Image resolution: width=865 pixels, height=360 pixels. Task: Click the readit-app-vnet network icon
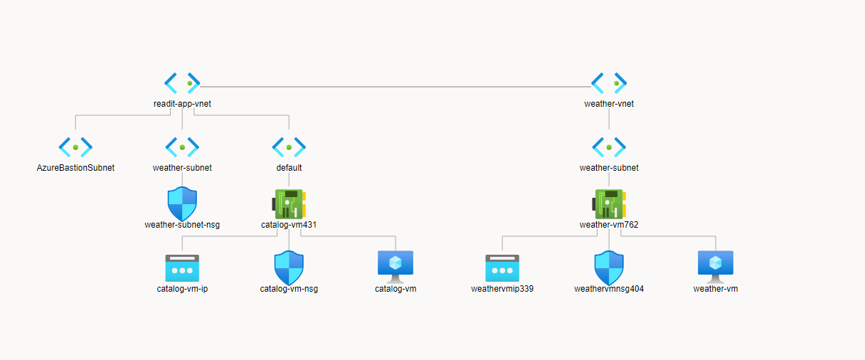182,83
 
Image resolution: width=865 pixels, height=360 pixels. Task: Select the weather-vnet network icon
609,83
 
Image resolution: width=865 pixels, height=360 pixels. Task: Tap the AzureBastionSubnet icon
75,147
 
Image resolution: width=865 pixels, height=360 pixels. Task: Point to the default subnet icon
289,147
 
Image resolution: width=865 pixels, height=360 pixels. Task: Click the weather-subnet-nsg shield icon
182,203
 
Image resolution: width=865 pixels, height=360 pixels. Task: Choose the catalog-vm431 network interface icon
289,203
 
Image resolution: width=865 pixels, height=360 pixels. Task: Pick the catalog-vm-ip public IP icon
182,268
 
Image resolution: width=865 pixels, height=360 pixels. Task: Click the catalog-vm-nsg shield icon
289,268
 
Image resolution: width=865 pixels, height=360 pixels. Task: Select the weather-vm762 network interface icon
609,203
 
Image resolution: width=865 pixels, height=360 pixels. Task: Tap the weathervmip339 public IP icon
502,268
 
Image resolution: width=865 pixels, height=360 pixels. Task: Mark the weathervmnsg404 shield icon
609,268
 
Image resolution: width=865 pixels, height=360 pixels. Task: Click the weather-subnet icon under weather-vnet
609,147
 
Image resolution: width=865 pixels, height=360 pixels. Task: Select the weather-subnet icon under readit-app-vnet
182,147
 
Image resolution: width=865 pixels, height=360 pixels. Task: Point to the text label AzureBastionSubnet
75,168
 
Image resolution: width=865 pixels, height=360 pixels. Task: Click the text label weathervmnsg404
609,289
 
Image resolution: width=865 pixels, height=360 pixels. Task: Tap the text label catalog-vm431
289,225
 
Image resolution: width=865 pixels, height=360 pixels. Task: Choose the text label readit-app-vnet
182,104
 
